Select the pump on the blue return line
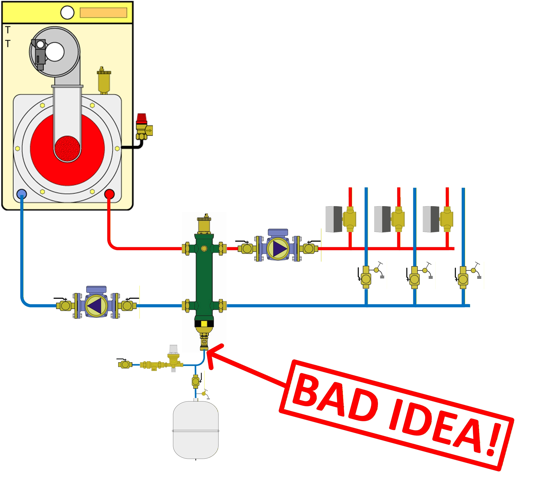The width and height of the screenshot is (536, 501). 96,306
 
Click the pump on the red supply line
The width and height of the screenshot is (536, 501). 278,248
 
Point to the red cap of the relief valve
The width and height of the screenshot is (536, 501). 141,118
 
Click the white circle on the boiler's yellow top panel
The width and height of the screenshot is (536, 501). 67,12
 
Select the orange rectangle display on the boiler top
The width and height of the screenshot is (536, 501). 103,13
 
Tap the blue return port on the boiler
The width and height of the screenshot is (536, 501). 22,194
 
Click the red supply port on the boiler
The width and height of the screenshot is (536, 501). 109,194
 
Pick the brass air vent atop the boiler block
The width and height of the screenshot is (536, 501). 104,81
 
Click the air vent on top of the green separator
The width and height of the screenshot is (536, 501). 204,223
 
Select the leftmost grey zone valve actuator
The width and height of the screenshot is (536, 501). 334,219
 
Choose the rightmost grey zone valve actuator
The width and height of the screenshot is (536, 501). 431,219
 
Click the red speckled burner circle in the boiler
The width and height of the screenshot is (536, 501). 67,149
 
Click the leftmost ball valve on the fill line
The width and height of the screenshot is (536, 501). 125,364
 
